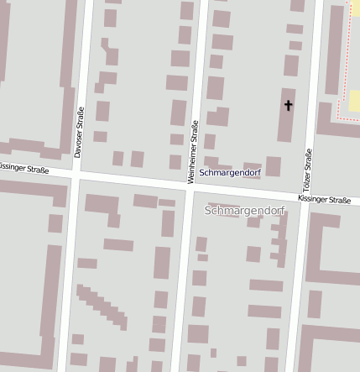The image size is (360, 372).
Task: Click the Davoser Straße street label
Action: [79, 133]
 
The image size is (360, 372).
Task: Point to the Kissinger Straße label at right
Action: [323, 200]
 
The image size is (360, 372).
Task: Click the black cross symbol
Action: [289, 105]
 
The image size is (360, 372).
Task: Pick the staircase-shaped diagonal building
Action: [102, 307]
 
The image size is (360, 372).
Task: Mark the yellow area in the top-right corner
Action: [354, 102]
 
